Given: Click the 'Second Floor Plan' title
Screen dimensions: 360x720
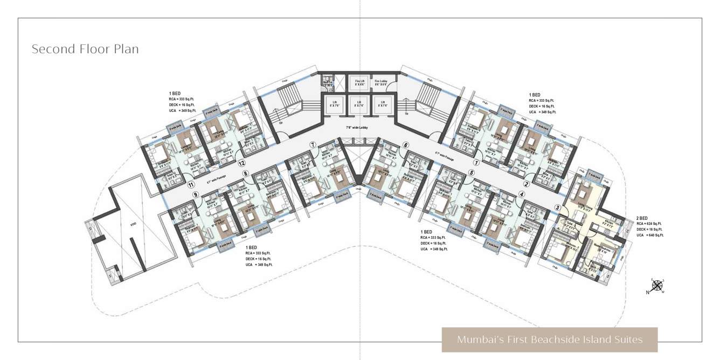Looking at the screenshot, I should tap(85, 49).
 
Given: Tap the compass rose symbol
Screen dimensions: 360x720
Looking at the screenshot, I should tap(657, 286).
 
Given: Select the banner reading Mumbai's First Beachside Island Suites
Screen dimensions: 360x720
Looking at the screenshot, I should tap(550, 340).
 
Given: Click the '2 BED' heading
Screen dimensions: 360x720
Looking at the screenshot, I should tap(642, 218).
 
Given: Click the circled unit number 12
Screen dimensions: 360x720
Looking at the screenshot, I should tap(242, 163).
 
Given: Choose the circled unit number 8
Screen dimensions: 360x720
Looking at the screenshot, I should tap(246, 174).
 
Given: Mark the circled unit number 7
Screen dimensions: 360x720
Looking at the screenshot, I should tap(312, 144).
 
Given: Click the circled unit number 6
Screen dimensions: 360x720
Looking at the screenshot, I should tap(406, 144).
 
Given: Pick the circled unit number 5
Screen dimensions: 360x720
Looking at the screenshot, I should tap(471, 173).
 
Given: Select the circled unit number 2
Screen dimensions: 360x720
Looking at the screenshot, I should tap(527, 184).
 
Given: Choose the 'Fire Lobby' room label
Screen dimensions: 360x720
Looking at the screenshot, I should tap(382, 81).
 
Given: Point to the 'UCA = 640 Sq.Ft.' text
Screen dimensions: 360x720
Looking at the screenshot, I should tap(650, 235).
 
